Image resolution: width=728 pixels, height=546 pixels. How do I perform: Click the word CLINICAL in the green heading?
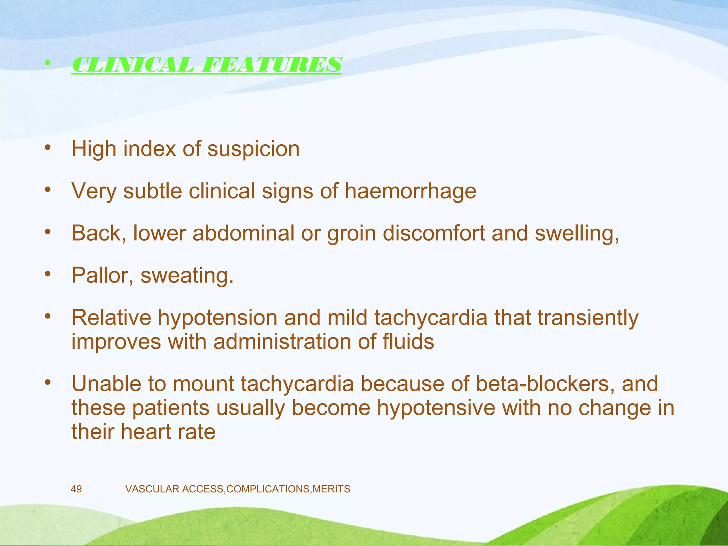133,65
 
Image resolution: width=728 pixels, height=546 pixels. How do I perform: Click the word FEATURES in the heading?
271,65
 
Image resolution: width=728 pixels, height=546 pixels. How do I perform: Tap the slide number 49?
76,489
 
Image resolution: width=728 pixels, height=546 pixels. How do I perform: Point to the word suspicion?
253,149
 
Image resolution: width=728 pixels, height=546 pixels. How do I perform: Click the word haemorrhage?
410,192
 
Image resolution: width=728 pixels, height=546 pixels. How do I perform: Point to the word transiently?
588,318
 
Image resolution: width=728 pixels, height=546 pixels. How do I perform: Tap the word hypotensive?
436,408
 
